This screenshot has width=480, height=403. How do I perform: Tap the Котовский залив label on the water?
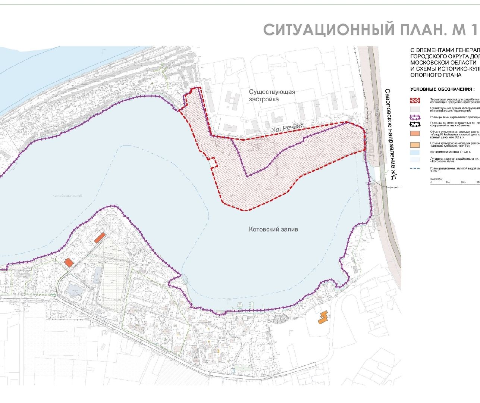coord(273,229)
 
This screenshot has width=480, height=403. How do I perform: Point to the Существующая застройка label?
coord(272,96)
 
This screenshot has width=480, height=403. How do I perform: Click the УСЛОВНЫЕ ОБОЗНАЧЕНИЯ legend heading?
coord(442,90)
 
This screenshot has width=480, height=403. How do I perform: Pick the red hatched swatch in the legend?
coord(415,100)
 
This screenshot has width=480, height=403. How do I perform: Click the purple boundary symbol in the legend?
coord(415,118)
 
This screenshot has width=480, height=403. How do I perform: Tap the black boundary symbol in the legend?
coord(415,124)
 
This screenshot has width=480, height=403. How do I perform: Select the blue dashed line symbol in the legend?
coord(415,168)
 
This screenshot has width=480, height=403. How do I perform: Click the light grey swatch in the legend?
coord(415,109)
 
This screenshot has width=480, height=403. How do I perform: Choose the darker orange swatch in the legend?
coord(415,134)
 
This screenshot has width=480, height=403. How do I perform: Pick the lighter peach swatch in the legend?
coord(415,145)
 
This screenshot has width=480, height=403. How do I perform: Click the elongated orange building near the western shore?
coord(100,238)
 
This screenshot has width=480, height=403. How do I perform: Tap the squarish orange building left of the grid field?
coord(69,262)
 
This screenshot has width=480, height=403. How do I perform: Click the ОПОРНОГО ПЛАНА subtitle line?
coord(436,75)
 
